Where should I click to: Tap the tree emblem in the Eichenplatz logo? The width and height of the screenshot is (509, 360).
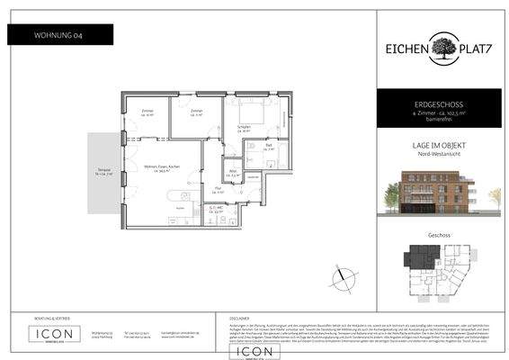[441, 47]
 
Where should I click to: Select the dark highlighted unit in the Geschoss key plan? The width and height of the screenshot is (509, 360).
[422, 256]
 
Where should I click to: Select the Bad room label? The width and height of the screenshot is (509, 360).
[268, 147]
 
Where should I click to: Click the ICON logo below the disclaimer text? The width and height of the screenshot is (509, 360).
[254, 352]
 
